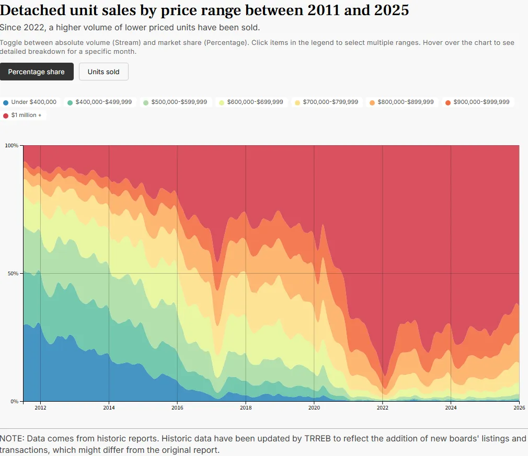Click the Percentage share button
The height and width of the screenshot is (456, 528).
point(37,72)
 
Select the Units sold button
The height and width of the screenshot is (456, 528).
point(104,72)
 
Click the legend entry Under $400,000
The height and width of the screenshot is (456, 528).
point(30,102)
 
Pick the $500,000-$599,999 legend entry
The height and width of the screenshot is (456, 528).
point(175,102)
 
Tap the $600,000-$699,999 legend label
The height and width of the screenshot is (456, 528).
point(250,102)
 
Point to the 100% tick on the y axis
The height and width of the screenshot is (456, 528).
point(12,145)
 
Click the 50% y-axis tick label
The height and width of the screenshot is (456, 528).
point(13,273)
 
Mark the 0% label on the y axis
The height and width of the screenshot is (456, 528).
point(15,401)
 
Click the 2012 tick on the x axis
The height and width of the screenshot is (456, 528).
point(40,408)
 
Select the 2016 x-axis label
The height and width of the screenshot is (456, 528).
point(177,408)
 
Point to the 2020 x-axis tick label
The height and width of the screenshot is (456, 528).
point(314,408)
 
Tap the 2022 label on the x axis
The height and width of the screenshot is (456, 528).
point(383,408)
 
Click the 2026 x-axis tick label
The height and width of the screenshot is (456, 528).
point(519,408)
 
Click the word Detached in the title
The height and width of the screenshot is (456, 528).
point(31,10)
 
